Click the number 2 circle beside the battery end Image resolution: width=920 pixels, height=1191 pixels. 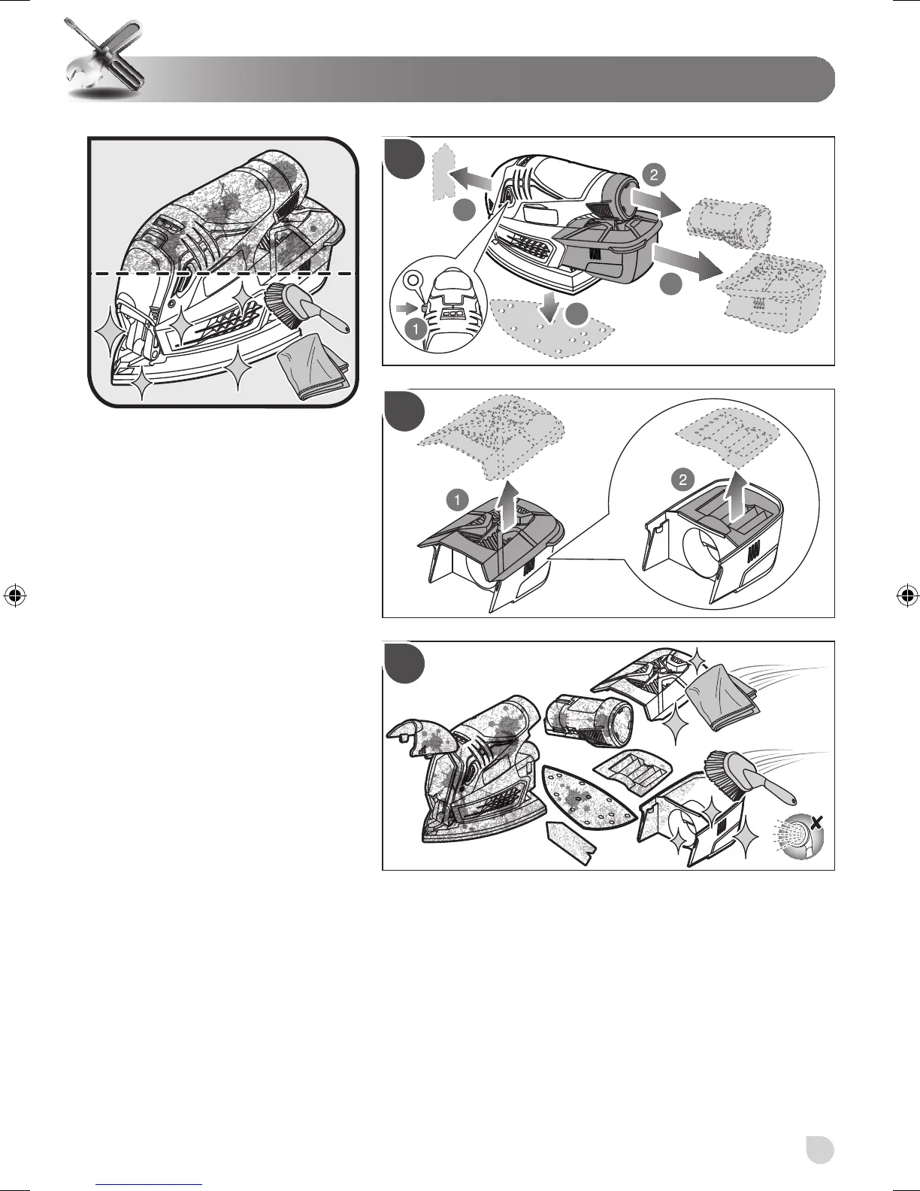tap(653, 175)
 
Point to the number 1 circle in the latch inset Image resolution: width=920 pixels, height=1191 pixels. tap(413, 328)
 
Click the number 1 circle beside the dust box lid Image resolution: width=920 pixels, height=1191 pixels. tap(455, 498)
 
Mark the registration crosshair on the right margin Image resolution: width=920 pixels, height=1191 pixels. tap(908, 595)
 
